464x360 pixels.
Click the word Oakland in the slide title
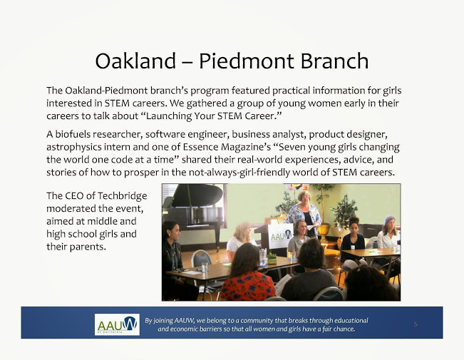135,61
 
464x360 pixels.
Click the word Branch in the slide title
335,61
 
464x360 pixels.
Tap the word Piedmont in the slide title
246,61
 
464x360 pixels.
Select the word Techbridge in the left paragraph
122,196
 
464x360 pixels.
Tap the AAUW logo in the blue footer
117,324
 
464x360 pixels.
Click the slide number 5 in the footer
416,324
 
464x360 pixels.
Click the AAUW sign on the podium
281,236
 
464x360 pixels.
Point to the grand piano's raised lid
197,195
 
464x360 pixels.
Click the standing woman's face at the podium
304,198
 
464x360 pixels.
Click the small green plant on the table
272,257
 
